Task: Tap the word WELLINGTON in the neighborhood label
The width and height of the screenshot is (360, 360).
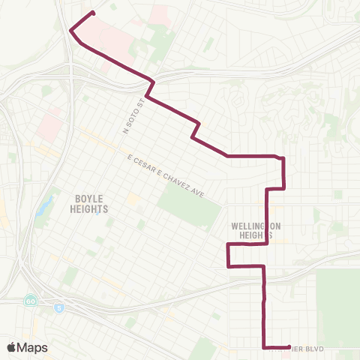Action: (255, 225)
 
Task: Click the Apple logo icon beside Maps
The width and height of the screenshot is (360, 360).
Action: (12, 347)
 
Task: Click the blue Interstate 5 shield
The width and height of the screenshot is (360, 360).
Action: (58, 307)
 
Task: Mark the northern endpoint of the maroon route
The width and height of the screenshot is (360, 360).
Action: (93, 12)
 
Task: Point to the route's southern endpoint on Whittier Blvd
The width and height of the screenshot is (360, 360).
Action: (289, 346)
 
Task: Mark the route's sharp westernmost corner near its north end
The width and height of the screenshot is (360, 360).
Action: (70, 31)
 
